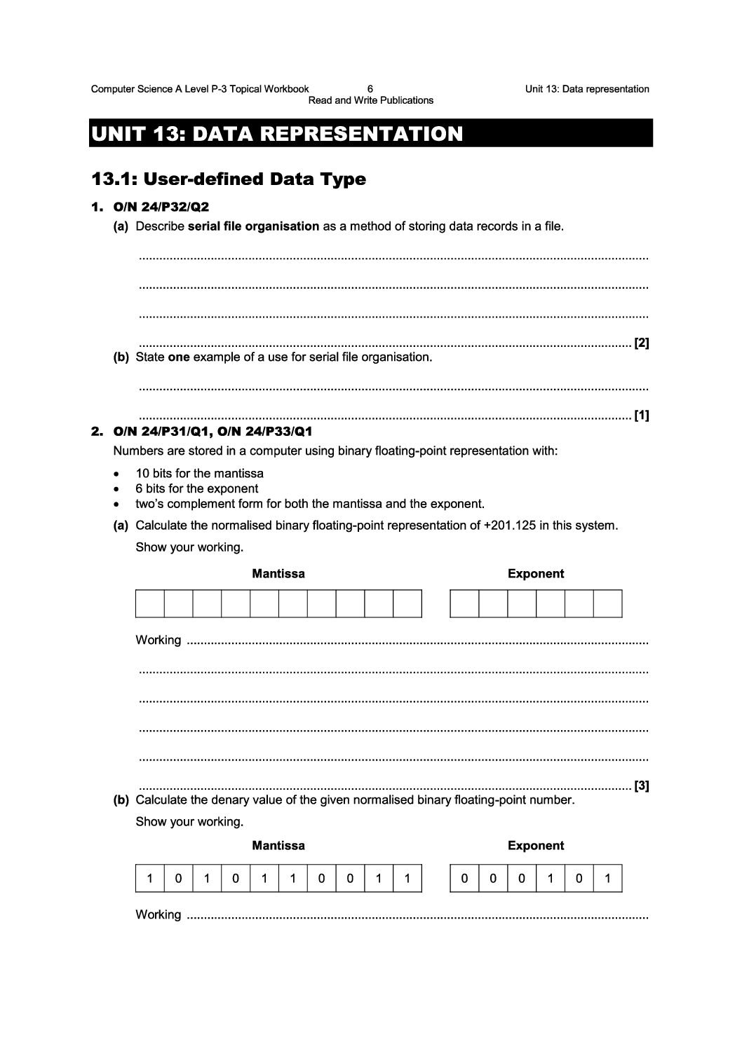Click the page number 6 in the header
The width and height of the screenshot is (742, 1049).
point(370,89)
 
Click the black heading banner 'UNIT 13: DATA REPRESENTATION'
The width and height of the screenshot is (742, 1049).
point(370,133)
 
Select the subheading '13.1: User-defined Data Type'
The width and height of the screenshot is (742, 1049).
point(229,179)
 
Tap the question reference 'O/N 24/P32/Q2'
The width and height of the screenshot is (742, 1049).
point(161,207)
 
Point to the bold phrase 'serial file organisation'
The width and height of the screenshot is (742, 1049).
point(254,226)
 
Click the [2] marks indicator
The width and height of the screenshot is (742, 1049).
point(641,343)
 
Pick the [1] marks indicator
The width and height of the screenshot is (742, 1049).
point(641,416)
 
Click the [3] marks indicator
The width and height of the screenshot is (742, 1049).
point(641,786)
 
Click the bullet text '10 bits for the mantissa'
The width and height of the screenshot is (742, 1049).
point(200,474)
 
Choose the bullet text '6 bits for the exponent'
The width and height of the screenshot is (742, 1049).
point(197,489)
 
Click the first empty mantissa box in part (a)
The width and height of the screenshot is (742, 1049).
point(149,603)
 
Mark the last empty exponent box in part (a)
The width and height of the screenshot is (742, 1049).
point(607,603)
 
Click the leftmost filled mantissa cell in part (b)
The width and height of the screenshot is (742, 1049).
point(149,878)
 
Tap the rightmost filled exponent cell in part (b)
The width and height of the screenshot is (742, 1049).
point(607,878)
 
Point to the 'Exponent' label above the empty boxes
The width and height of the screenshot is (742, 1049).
point(536,574)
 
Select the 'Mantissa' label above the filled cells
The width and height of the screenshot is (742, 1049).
point(278,846)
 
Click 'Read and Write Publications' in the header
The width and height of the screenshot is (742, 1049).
point(371,100)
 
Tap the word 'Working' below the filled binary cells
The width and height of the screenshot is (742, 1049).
point(158,914)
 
